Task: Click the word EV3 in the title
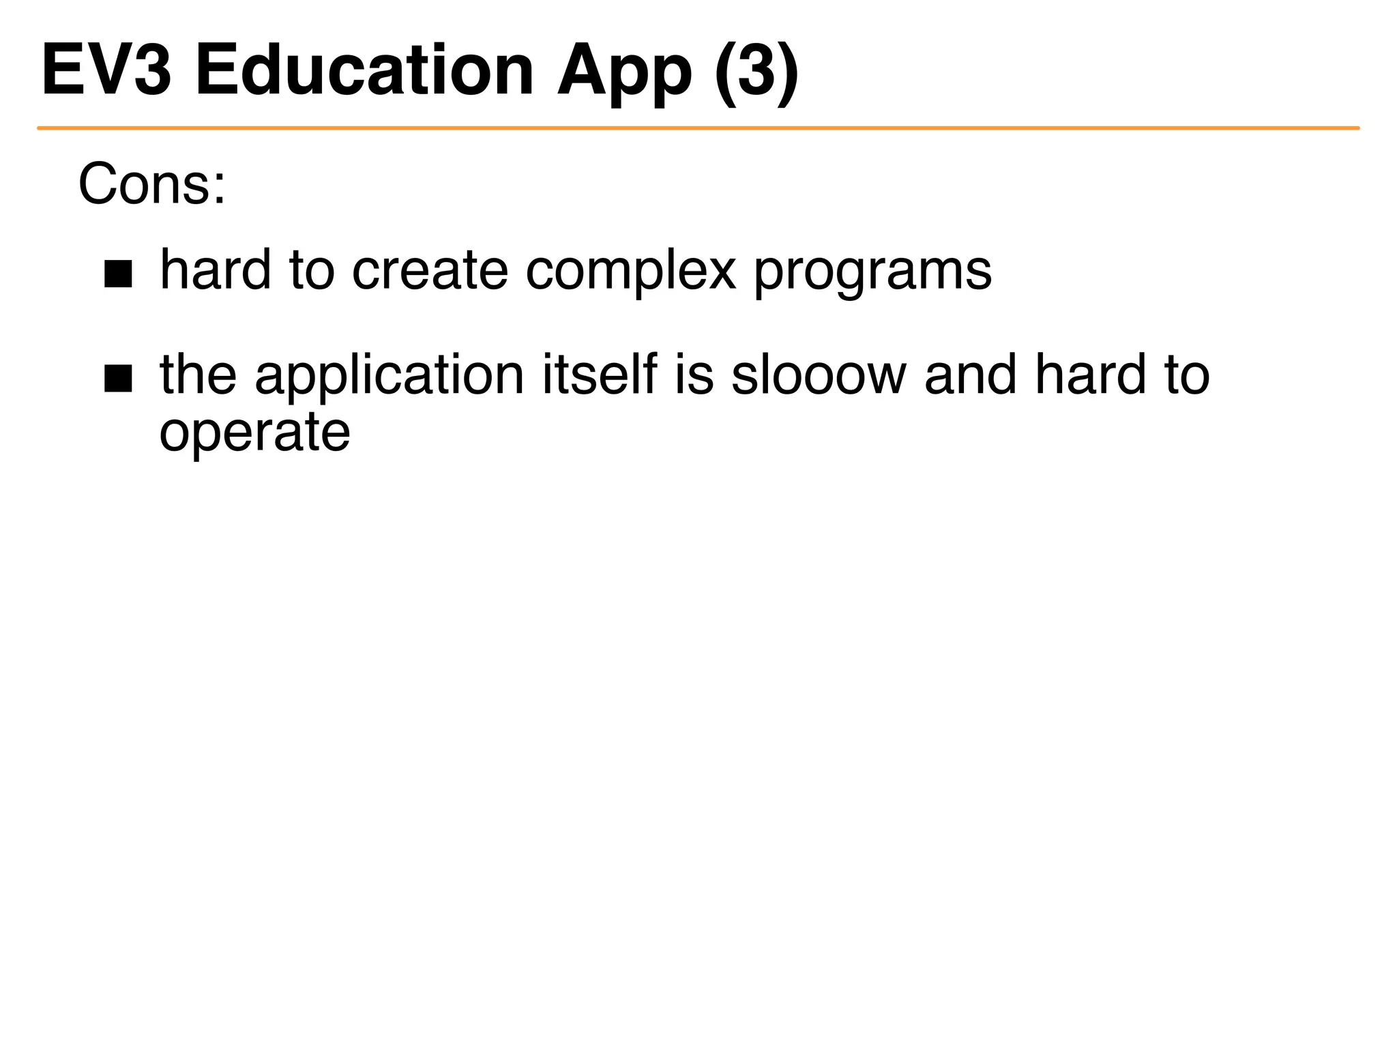click(106, 70)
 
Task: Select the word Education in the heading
click(364, 70)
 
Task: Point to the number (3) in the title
click(756, 72)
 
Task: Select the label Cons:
click(151, 184)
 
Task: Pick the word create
click(430, 270)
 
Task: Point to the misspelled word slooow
click(819, 375)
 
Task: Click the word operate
click(254, 434)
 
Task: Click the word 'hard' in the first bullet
click(216, 270)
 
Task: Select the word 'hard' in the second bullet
click(1089, 375)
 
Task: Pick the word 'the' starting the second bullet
click(198, 375)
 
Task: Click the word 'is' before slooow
click(694, 375)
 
